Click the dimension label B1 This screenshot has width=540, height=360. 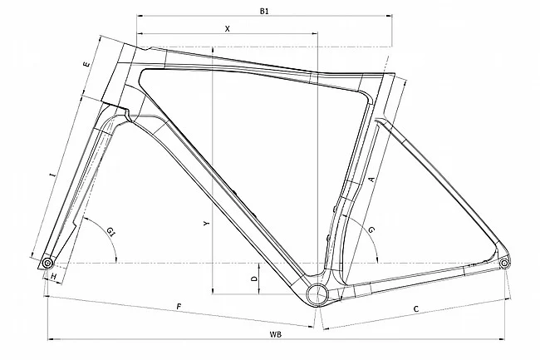click(x=264, y=11)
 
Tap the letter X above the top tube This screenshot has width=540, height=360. click(x=227, y=28)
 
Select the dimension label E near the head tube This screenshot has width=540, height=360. click(x=86, y=64)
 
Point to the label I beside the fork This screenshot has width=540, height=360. click(x=52, y=176)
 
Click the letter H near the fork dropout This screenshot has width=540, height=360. click(x=53, y=275)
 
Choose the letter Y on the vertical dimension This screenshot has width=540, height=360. click(x=205, y=224)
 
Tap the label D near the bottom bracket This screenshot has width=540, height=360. click(x=253, y=280)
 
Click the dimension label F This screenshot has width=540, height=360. click(x=179, y=308)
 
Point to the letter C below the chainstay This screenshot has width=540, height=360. click(x=415, y=309)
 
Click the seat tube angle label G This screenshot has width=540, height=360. click(x=371, y=228)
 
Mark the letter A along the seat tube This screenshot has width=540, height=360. click(x=371, y=179)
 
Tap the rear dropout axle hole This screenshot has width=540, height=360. click(x=504, y=264)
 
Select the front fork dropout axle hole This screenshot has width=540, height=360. click(x=47, y=264)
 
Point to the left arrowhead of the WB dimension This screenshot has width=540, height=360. click(x=50, y=339)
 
